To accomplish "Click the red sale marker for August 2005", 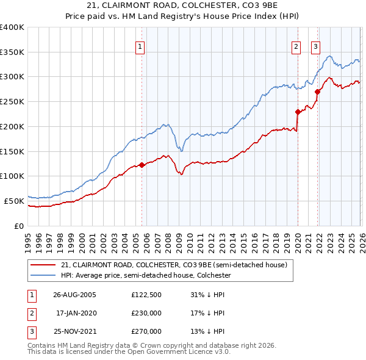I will [x=142, y=165].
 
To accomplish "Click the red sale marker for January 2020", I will [x=298, y=112].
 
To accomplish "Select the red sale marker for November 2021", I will [x=317, y=92].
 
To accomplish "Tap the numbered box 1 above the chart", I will [x=140, y=46].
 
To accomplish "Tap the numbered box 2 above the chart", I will [x=296, y=46].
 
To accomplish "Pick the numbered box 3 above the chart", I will [x=316, y=46].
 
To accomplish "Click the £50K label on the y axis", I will [x=14, y=200].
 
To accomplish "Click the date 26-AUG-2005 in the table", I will [x=74, y=295].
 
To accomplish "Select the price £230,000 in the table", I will [x=146, y=313].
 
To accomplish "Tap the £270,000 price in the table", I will [x=146, y=331].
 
